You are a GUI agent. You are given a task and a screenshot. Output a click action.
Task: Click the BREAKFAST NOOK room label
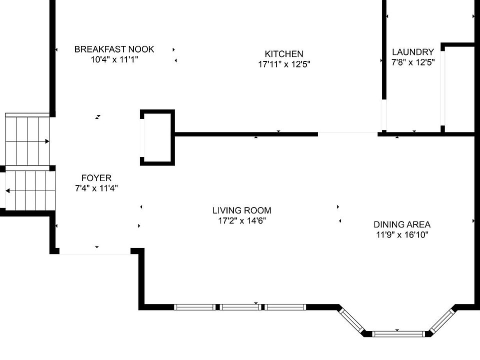pos(114,49)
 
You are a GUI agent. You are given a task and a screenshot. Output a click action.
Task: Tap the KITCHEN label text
pos(284,54)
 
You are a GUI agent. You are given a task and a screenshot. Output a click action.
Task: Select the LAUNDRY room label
pos(413,52)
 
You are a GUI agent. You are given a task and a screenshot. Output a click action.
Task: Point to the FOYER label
pos(96,178)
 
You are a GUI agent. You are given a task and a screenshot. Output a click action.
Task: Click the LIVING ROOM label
pos(242,210)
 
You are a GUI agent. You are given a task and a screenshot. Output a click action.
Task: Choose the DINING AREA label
pos(402,224)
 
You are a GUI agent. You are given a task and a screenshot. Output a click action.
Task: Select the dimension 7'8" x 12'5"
pos(413,62)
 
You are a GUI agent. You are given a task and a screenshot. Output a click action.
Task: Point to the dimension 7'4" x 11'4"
pos(96,188)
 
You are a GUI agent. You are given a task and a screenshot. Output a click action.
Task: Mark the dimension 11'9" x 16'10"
pos(402,234)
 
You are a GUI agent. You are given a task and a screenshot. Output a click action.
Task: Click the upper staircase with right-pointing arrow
pos(28,140)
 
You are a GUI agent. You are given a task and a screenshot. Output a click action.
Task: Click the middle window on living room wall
pos(240,307)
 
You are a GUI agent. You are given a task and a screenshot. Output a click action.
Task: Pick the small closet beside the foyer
pos(157,137)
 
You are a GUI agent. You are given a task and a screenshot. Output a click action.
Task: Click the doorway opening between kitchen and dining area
pos(348,133)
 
